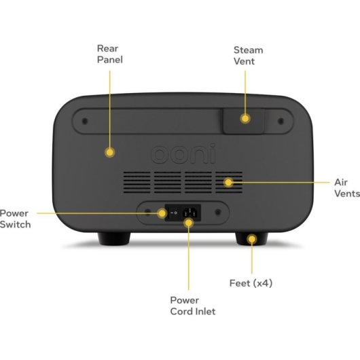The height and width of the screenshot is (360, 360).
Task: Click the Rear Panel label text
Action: click(x=110, y=54)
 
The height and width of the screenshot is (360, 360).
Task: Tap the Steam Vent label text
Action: click(x=248, y=56)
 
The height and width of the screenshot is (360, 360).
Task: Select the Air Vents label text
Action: click(x=347, y=187)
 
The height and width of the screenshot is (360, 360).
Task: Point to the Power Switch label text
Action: click(x=15, y=219)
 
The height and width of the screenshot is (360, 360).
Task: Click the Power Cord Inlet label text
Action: click(x=193, y=306)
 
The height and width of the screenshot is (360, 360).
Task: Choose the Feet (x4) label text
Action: click(x=251, y=283)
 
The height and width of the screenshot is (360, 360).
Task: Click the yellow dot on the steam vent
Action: click(x=245, y=119)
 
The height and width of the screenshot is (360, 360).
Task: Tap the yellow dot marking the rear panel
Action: click(x=110, y=152)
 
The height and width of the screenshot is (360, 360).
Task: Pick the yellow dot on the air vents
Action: click(x=228, y=183)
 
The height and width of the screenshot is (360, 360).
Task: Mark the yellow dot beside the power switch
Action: click(x=162, y=213)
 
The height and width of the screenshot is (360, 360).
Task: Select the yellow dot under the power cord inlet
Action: click(x=189, y=223)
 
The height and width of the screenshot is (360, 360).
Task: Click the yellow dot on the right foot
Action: click(x=252, y=239)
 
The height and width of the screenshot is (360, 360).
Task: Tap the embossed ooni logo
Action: click(x=183, y=154)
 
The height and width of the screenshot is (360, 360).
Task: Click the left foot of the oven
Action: click(x=114, y=239)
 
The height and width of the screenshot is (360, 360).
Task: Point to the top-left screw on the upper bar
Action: click(x=85, y=121)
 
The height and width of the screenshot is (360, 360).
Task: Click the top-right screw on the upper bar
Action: click(x=281, y=121)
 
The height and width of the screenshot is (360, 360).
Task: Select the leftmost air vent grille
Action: click(x=137, y=182)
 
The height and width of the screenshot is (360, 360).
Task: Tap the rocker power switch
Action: click(x=174, y=213)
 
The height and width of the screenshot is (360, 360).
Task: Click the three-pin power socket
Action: click(x=190, y=213)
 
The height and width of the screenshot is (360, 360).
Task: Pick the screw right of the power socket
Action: click(x=218, y=212)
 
